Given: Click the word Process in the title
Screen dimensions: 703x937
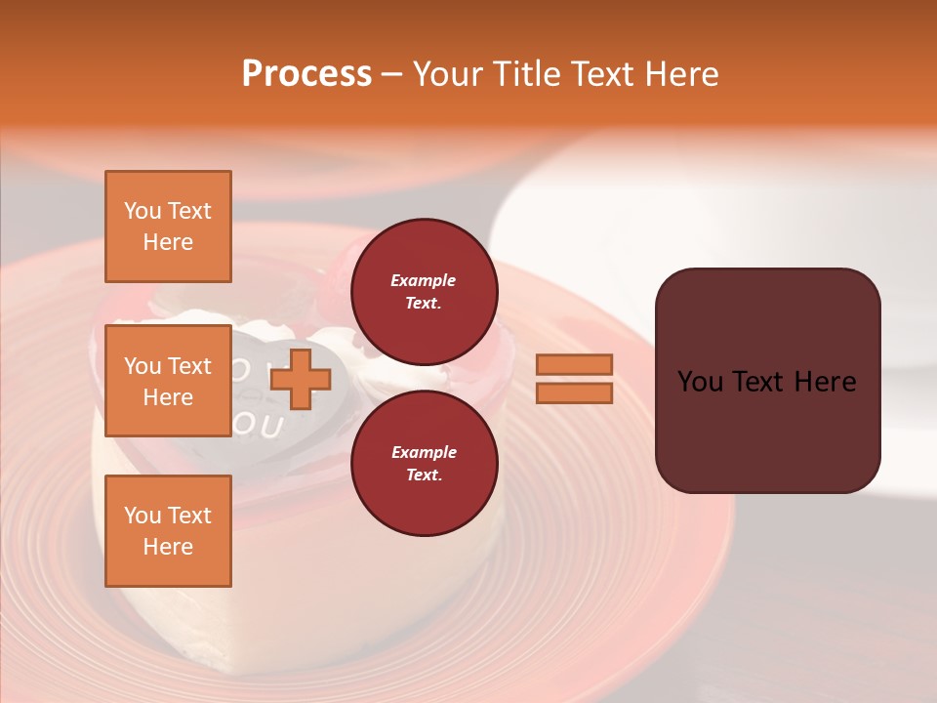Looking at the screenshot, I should [306, 74].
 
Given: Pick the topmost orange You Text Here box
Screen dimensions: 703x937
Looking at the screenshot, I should [168, 227].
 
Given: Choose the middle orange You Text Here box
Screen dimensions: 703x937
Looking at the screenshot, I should [168, 381].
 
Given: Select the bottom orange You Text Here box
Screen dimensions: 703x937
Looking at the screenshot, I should [168, 531].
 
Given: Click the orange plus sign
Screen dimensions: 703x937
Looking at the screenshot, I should [301, 379].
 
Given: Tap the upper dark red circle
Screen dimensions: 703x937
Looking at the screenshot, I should [424, 292].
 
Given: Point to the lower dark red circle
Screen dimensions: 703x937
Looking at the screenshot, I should [424, 464].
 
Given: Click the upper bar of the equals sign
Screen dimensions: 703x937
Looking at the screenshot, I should [574, 364].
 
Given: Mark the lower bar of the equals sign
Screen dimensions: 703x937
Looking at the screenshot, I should [574, 393].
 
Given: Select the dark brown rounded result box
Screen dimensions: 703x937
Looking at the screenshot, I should [767, 380].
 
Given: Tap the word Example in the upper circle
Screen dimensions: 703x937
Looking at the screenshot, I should [424, 280].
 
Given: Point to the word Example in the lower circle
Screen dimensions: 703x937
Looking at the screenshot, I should [424, 452].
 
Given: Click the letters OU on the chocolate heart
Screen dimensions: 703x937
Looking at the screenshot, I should [259, 427].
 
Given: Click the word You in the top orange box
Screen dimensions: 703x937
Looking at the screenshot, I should [143, 211].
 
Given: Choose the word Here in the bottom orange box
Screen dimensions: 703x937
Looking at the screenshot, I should [168, 547].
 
